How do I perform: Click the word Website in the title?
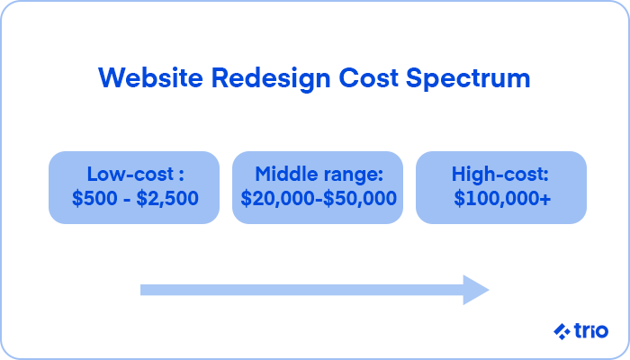point(150,77)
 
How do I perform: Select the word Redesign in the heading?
point(271,79)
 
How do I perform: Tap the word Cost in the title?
point(368,78)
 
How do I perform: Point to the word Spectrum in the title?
point(468,79)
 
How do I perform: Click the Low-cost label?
point(130,174)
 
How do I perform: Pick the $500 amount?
point(94,198)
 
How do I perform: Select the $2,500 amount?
point(167,198)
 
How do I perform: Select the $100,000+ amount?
point(502,198)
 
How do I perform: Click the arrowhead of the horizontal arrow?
point(476,290)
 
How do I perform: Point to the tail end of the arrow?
point(141,290)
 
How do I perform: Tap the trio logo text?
point(591,330)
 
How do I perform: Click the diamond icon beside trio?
point(562,331)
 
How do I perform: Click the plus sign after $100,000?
point(545,199)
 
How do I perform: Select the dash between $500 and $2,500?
point(127,200)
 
